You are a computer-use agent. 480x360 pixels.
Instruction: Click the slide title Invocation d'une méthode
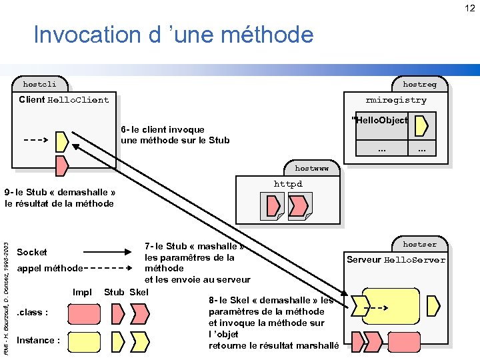point(173,35)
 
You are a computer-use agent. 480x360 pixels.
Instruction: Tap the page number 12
point(470,8)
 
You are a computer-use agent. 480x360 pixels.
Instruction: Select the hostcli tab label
point(39,85)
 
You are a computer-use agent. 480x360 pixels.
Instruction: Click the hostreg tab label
point(419,85)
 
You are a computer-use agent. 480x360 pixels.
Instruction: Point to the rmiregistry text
point(396,100)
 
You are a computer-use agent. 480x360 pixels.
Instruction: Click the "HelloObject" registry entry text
point(379,121)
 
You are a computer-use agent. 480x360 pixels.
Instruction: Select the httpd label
point(288,184)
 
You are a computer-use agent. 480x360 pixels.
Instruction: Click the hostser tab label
point(419,244)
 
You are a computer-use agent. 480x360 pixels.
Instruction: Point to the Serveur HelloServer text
point(396,260)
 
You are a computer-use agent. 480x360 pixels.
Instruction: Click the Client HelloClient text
point(64,100)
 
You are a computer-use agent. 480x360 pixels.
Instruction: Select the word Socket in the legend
point(32,252)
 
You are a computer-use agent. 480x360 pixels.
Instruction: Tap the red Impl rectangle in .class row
point(84,313)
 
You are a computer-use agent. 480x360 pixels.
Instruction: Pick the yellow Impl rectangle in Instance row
point(84,341)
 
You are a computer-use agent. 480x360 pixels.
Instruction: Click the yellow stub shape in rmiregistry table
point(421,125)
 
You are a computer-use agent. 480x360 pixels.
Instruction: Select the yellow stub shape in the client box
point(62,141)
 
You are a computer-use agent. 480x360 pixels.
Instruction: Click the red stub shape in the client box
point(62,164)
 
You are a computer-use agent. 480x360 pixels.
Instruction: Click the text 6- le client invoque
point(163,129)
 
